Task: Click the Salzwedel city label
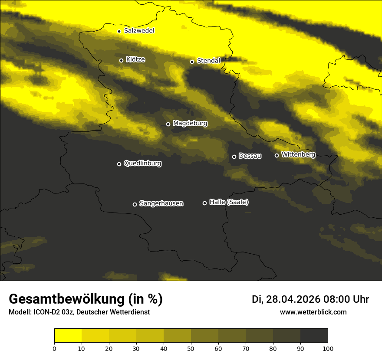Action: pyautogui.click(x=139, y=31)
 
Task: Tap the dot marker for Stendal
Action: pyautogui.click(x=192, y=62)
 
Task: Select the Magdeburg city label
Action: pyautogui.click(x=190, y=124)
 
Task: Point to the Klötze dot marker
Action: pyautogui.click(x=121, y=60)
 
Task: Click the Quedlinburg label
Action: pyautogui.click(x=142, y=164)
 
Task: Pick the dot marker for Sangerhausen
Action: pyautogui.click(x=135, y=204)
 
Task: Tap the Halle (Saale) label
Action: pyautogui.click(x=229, y=202)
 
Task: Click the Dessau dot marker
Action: pyautogui.click(x=234, y=157)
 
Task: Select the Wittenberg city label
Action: pyautogui.click(x=298, y=154)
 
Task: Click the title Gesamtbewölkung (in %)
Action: pyautogui.click(x=86, y=299)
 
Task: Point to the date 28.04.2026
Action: pyautogui.click(x=293, y=299)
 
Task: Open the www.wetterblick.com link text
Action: pyautogui.click(x=313, y=312)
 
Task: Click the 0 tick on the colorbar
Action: pyautogui.click(x=54, y=348)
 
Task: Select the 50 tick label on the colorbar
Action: pyautogui.click(x=191, y=348)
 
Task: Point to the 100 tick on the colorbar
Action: pyautogui.click(x=328, y=348)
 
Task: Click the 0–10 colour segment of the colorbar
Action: pyautogui.click(x=68, y=336)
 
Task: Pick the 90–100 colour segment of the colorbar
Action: pyautogui.click(x=314, y=336)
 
